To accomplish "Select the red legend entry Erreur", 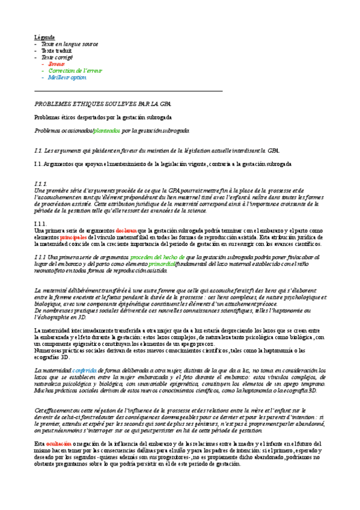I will coord(56,64).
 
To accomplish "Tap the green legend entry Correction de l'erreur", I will coord(75,70).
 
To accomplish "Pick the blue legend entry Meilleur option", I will coord(67,78).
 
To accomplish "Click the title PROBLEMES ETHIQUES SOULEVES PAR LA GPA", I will coord(94,103).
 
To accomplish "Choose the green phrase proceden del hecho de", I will coord(158,257).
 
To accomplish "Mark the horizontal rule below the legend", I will coord(129,90).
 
